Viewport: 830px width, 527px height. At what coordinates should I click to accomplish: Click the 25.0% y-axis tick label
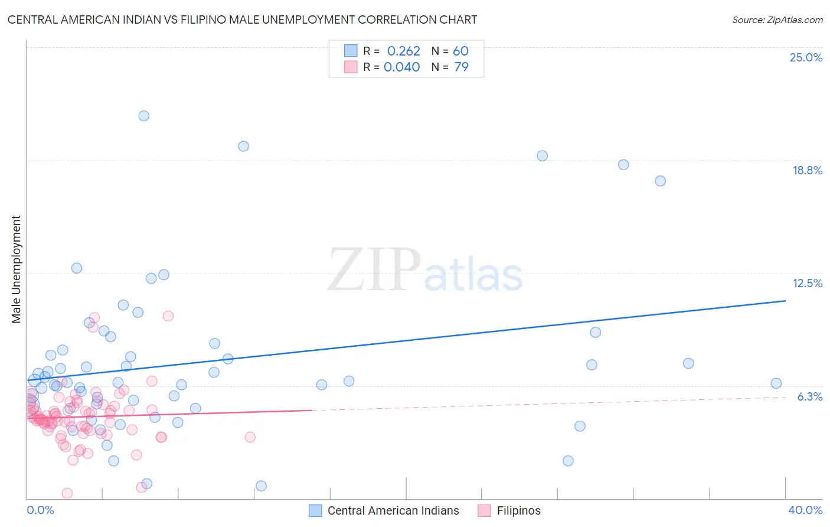[x=806, y=57]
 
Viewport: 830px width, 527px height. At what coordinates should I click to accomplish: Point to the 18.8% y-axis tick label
[x=807, y=170]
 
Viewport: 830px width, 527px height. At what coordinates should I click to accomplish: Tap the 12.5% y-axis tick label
[x=807, y=283]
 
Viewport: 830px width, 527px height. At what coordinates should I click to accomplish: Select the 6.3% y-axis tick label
[x=809, y=396]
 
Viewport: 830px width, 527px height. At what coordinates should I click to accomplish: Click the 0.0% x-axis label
[x=40, y=510]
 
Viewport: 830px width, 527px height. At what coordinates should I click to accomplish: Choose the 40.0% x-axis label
[x=805, y=510]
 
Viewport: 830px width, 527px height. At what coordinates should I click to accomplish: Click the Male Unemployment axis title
[x=16, y=269]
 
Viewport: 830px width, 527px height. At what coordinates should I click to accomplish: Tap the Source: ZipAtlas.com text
[x=777, y=19]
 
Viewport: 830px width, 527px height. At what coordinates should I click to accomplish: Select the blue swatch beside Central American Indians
[x=316, y=510]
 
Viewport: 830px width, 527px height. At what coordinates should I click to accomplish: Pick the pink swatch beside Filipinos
[x=485, y=510]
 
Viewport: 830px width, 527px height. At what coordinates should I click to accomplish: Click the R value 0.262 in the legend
[x=403, y=51]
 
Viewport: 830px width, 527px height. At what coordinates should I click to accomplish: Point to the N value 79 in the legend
[x=461, y=67]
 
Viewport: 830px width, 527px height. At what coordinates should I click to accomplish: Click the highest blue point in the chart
[x=143, y=116]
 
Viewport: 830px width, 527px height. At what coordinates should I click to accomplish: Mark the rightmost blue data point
[x=776, y=383]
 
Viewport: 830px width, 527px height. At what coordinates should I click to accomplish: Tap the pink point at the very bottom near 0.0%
[x=67, y=493]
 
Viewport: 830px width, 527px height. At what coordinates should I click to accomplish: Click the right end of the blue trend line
[x=785, y=301]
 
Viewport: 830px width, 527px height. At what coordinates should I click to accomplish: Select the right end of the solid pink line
[x=311, y=409]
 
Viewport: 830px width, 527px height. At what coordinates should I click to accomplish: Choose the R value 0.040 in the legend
[x=401, y=67]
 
